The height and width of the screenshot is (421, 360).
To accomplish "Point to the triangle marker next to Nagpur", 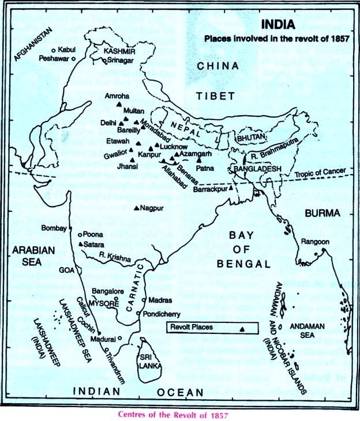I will point(136,208).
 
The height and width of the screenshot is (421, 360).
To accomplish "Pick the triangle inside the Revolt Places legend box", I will point(242,328).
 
